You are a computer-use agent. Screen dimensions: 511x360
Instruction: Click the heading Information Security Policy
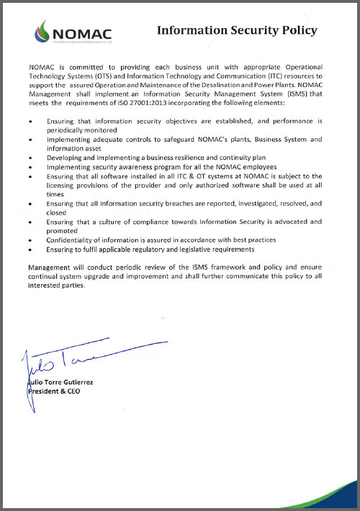click(236, 30)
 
